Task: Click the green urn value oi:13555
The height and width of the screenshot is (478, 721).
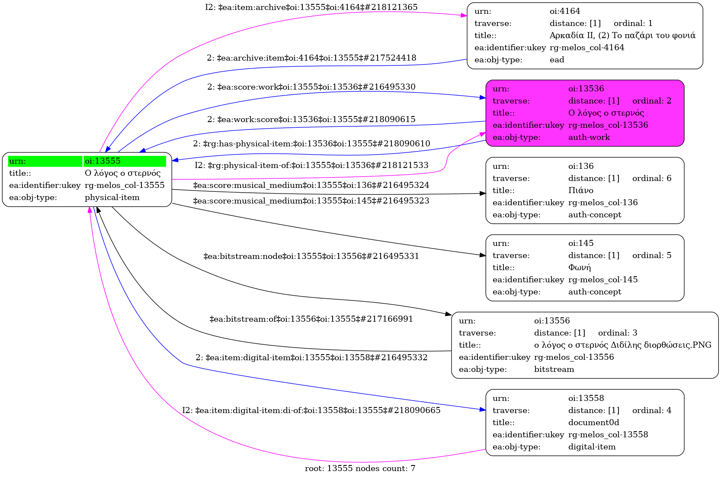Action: (x=103, y=161)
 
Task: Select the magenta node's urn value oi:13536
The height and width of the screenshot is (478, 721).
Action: (x=586, y=89)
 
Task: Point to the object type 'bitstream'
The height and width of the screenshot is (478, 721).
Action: (x=554, y=369)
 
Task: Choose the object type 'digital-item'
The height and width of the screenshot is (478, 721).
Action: (x=592, y=447)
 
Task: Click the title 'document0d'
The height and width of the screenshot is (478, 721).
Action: (x=593, y=422)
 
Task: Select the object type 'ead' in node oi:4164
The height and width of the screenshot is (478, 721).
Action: (x=557, y=60)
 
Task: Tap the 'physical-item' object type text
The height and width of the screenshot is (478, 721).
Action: (x=112, y=197)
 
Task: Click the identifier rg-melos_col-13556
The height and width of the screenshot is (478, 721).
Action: (x=574, y=357)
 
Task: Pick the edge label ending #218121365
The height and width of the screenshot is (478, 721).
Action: (x=311, y=7)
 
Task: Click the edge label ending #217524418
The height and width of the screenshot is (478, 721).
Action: (x=311, y=58)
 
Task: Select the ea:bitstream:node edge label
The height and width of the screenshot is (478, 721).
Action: (x=311, y=256)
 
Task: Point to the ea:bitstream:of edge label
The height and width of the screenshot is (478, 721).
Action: (x=311, y=319)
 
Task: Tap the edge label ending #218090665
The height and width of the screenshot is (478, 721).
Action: (x=311, y=410)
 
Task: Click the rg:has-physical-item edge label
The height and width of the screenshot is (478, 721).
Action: (x=311, y=143)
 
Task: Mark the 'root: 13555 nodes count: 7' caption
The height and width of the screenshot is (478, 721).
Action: (x=360, y=468)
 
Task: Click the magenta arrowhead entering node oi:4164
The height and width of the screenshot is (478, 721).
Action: (x=464, y=15)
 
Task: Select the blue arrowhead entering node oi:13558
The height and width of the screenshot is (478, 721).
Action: (x=483, y=410)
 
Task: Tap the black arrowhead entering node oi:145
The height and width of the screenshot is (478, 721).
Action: (x=483, y=255)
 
